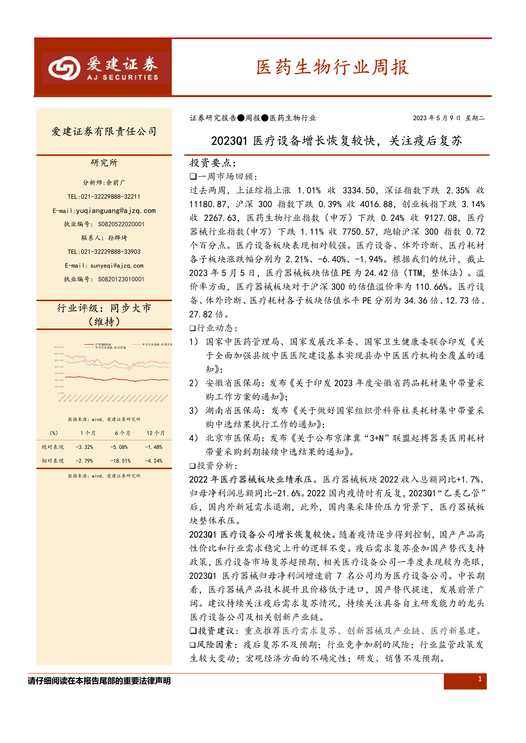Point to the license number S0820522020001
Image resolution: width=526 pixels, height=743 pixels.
[121, 224]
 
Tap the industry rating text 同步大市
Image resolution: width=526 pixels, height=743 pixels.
[131, 308]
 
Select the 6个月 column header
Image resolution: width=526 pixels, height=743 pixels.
[122, 433]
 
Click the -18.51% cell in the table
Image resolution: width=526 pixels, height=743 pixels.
[120, 461]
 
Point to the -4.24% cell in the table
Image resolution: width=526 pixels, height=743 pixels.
[153, 461]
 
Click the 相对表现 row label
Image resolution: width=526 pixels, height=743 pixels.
[53, 461]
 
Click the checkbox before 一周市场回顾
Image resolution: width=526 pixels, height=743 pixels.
[193, 176]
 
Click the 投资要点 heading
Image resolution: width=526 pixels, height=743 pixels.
[213, 163]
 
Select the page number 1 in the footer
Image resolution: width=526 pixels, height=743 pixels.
[480, 679]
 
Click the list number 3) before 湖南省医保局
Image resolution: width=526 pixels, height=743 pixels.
[194, 411]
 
